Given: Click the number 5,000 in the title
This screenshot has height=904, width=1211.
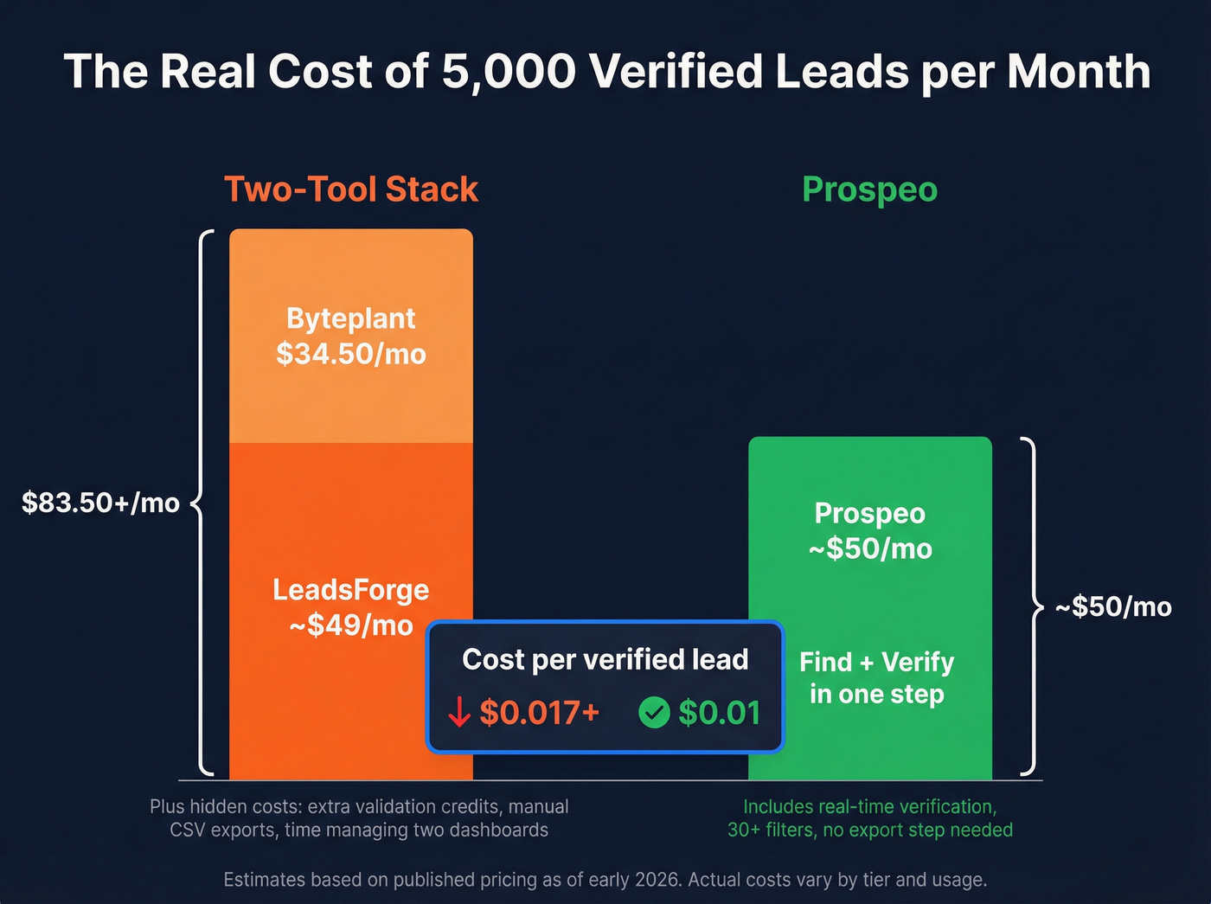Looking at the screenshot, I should pyautogui.click(x=509, y=71).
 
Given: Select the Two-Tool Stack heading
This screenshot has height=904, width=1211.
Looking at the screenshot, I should pyautogui.click(x=351, y=189).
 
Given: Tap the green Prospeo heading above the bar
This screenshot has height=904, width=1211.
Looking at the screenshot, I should pyautogui.click(x=869, y=189).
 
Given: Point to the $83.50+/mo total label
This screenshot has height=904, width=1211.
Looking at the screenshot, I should pyautogui.click(x=100, y=503).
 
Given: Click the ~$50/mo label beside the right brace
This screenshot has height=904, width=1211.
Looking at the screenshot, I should pyautogui.click(x=1113, y=607).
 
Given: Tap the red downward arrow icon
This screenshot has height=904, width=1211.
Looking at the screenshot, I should pyautogui.click(x=458, y=713).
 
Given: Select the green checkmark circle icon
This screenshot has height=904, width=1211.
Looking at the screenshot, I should pyautogui.click(x=654, y=713).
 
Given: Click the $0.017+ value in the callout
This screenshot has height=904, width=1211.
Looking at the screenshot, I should pyautogui.click(x=539, y=713).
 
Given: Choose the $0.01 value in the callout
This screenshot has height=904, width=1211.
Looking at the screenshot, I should pyautogui.click(x=719, y=713).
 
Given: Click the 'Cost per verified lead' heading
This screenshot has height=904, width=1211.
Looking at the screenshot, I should pyautogui.click(x=605, y=660).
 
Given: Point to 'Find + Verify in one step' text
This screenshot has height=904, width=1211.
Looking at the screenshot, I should pyautogui.click(x=876, y=678).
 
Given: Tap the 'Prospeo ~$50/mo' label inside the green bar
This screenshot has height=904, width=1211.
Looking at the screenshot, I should pyautogui.click(x=869, y=530).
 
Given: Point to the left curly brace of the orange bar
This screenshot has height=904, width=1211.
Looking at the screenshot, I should pyautogui.click(x=203, y=503).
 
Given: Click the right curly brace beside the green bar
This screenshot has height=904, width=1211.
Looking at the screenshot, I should pyautogui.click(x=1028, y=607).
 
